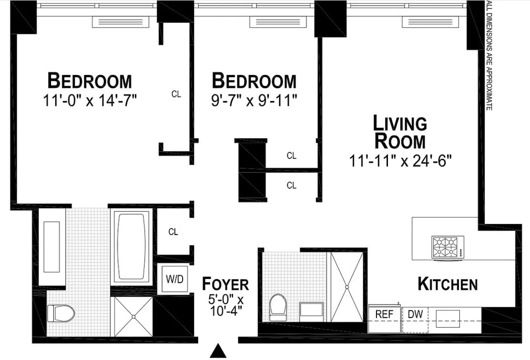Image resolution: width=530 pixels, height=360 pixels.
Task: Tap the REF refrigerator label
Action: (384, 315)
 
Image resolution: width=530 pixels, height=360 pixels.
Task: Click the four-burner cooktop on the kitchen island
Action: (447, 247)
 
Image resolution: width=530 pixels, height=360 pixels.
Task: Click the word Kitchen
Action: (447, 284)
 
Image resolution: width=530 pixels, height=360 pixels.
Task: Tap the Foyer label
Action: (225, 284)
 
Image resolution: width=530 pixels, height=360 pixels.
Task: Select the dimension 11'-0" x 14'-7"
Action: (89, 101)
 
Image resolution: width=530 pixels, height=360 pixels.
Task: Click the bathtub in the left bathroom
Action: (131, 247)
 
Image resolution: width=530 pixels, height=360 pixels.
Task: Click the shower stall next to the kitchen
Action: (347, 287)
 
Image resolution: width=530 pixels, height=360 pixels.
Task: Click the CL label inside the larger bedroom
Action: (176, 94)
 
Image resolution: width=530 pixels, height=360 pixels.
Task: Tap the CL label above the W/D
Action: (173, 232)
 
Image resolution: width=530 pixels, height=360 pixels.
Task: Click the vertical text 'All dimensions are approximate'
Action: (488, 56)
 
